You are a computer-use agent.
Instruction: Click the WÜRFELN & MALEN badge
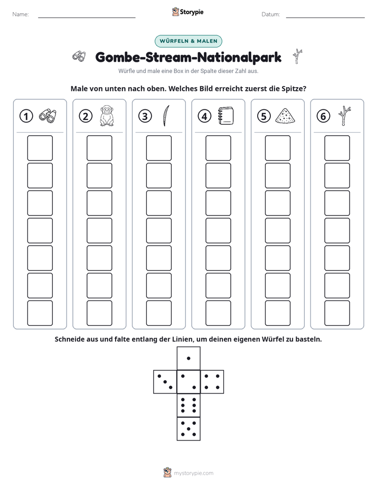(188, 41)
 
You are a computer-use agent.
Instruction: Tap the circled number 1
(26, 116)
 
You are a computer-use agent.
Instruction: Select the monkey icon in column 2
(107, 116)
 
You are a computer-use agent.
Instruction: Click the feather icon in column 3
(166, 116)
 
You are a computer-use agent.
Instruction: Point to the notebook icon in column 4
(226, 116)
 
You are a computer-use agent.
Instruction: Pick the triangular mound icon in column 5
(285, 116)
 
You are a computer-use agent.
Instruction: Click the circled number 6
(323, 116)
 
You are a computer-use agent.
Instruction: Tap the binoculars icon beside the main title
(79, 56)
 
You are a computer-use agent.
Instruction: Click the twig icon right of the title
(298, 57)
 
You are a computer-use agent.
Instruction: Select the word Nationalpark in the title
(239, 58)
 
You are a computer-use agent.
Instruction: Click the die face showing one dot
(188, 359)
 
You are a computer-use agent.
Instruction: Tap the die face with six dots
(188, 405)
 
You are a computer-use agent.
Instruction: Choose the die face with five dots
(188, 429)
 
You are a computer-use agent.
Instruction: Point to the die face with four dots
(212, 382)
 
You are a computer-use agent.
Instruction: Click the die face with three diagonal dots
(165, 382)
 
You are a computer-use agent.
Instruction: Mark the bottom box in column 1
(40, 313)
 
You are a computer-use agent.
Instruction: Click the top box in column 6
(337, 148)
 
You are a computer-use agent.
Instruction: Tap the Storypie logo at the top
(187, 12)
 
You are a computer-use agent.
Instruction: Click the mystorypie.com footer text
(193, 473)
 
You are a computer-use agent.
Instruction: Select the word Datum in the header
(270, 14)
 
